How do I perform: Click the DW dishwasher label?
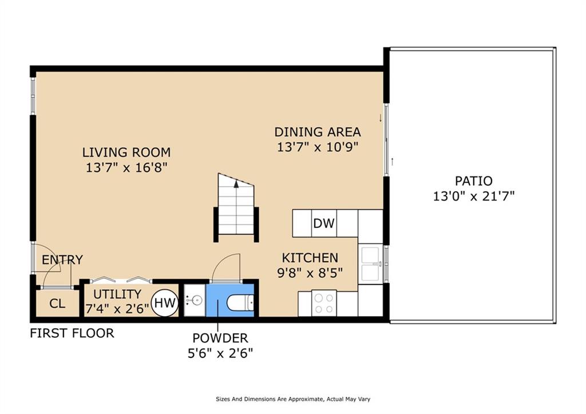pos(324,223)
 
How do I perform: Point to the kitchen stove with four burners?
pos(324,303)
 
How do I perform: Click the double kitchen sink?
pos(370,264)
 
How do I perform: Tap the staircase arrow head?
pos(236,184)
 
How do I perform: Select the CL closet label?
pos(57,303)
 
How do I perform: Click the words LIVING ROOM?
pos(126,152)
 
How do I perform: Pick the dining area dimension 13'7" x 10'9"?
pos(317,147)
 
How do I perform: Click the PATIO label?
pos(474,182)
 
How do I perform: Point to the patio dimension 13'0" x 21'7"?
pos(474,196)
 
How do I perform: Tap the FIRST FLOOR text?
pos(72,333)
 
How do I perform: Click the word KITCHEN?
pos(310,258)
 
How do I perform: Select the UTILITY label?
pos(117,294)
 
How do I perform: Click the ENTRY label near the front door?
pos(62,260)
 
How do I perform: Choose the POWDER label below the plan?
pos(220,338)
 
